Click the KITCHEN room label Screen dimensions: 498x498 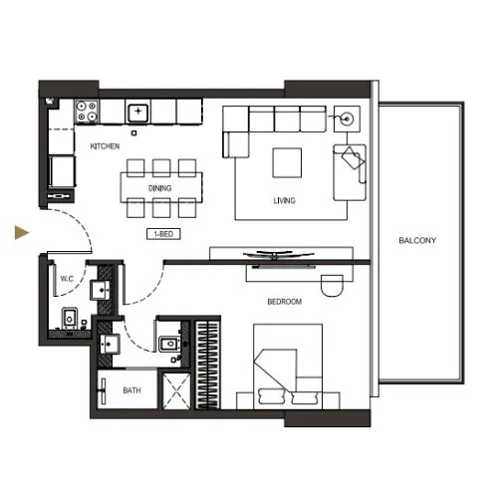[x=105, y=146]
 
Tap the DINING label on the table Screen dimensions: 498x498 [x=159, y=187]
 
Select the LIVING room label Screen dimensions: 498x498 [x=285, y=200]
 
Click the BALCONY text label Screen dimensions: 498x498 [x=417, y=241]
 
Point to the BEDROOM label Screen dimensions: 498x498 [x=284, y=301]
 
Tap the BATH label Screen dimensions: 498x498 [x=131, y=391]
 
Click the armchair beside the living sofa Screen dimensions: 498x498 [x=351, y=162]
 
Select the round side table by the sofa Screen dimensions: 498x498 [x=349, y=118]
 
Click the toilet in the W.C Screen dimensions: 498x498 [x=71, y=319]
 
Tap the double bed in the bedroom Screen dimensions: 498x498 [x=289, y=364]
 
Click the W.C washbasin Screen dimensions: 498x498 [x=102, y=290]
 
